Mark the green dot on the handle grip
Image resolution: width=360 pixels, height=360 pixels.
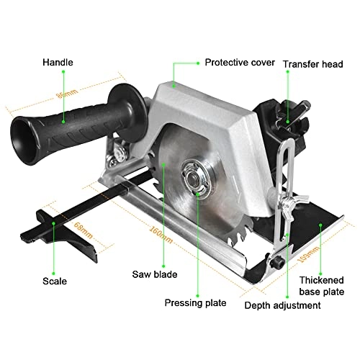coord(63,120)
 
